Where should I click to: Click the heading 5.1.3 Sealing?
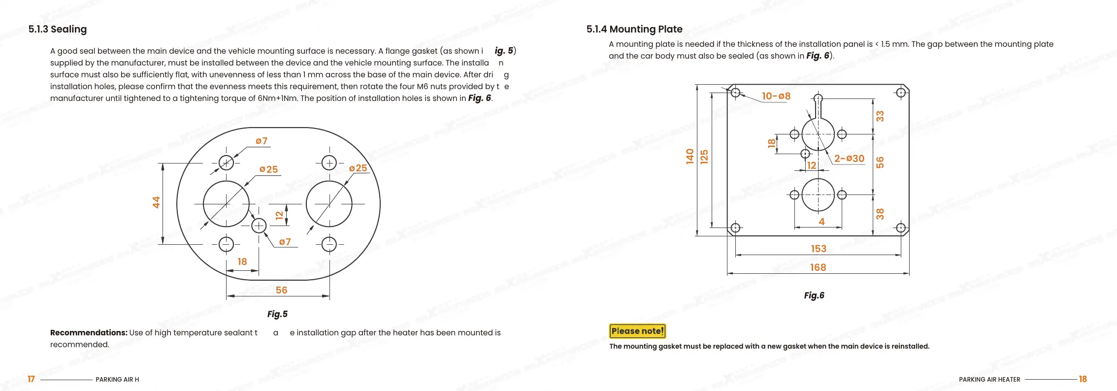click(57, 29)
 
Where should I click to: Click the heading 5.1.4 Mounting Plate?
click(634, 29)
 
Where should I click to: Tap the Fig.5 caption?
click(277, 314)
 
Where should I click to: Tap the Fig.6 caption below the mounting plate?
click(814, 295)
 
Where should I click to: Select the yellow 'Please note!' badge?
click(637, 331)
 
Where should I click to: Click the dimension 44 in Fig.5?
click(156, 202)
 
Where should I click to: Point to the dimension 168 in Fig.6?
click(818, 267)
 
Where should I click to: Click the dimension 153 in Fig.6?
click(819, 249)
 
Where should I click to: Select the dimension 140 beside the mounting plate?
click(690, 156)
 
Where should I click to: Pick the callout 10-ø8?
click(776, 96)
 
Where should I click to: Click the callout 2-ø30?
click(849, 159)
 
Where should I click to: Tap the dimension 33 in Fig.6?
click(880, 116)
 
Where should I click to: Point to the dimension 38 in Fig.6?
click(880, 214)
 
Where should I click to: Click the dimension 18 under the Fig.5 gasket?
click(242, 261)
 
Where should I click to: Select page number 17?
click(31, 379)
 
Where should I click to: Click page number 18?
click(1083, 379)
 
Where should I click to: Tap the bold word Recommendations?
click(89, 332)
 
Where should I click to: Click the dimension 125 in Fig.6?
click(704, 157)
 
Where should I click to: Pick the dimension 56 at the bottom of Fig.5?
click(281, 290)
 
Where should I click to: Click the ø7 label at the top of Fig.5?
click(261, 141)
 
